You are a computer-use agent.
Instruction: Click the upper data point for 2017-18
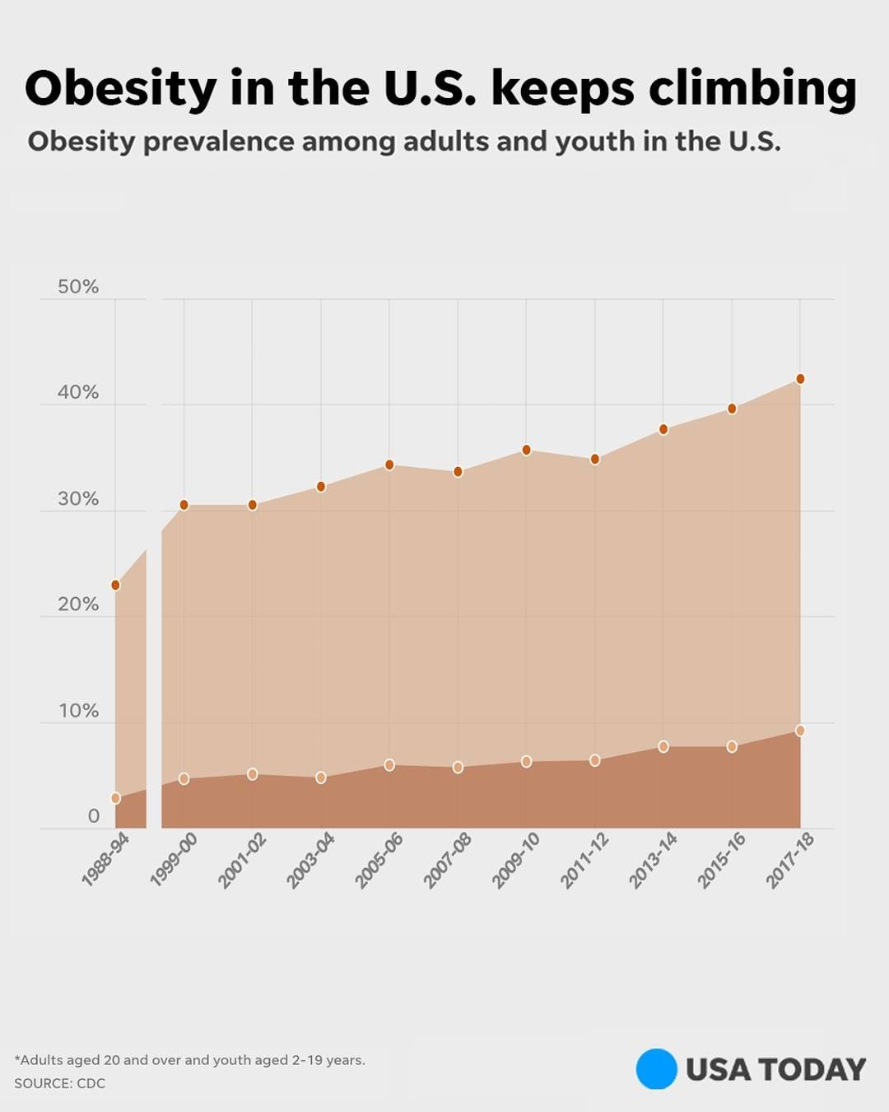point(800,379)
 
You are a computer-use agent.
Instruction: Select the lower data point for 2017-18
point(800,731)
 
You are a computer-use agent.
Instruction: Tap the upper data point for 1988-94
point(115,585)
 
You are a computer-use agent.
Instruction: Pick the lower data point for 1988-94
point(115,798)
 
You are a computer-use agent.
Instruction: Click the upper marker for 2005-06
point(389,465)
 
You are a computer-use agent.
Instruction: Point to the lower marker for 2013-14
point(663,746)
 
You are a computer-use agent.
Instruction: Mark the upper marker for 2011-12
point(595,459)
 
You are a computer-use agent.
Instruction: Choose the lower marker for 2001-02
point(253,774)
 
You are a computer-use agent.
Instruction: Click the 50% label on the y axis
point(78,287)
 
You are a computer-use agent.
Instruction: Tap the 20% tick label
point(78,605)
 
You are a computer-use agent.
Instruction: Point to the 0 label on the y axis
point(93,816)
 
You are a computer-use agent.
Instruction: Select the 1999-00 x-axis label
point(174,859)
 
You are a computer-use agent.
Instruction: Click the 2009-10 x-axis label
point(516,859)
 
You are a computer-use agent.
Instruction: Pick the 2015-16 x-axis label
point(722,859)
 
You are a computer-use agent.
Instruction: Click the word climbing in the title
point(752,89)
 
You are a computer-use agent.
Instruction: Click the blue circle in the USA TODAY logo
point(656,1069)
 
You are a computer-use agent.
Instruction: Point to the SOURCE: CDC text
point(59,1083)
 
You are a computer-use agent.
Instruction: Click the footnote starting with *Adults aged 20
point(189,1060)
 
